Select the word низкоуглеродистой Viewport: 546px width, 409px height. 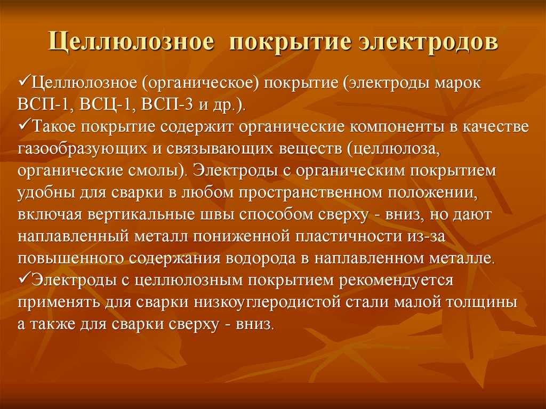(x=256, y=302)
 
